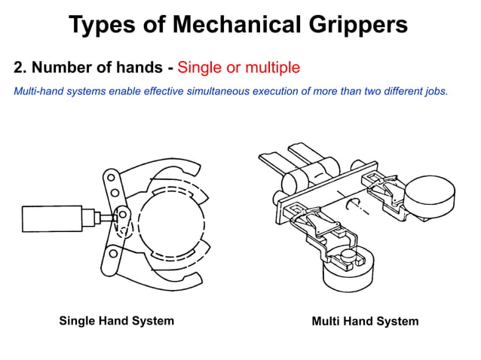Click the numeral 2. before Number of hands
tap(20, 68)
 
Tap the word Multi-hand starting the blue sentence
tap(38, 92)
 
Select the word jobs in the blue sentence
tap(436, 92)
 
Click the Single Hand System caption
tap(117, 321)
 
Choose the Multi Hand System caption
tap(365, 322)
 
